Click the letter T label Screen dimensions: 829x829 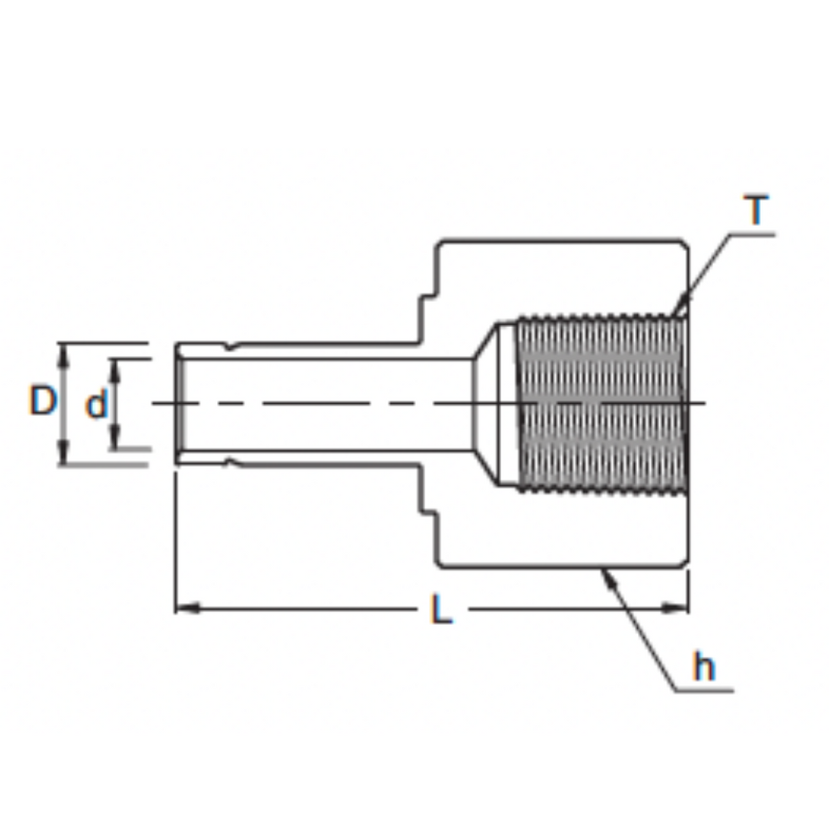pyautogui.click(x=757, y=210)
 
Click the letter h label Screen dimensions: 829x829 pyautogui.click(x=704, y=668)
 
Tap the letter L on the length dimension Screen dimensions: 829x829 pyautogui.click(x=440, y=609)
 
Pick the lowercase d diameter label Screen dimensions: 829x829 pyautogui.click(x=96, y=404)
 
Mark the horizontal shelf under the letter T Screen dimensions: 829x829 pyautogui.click(x=751, y=234)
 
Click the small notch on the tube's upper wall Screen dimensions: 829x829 pyautogui.click(x=233, y=346)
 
